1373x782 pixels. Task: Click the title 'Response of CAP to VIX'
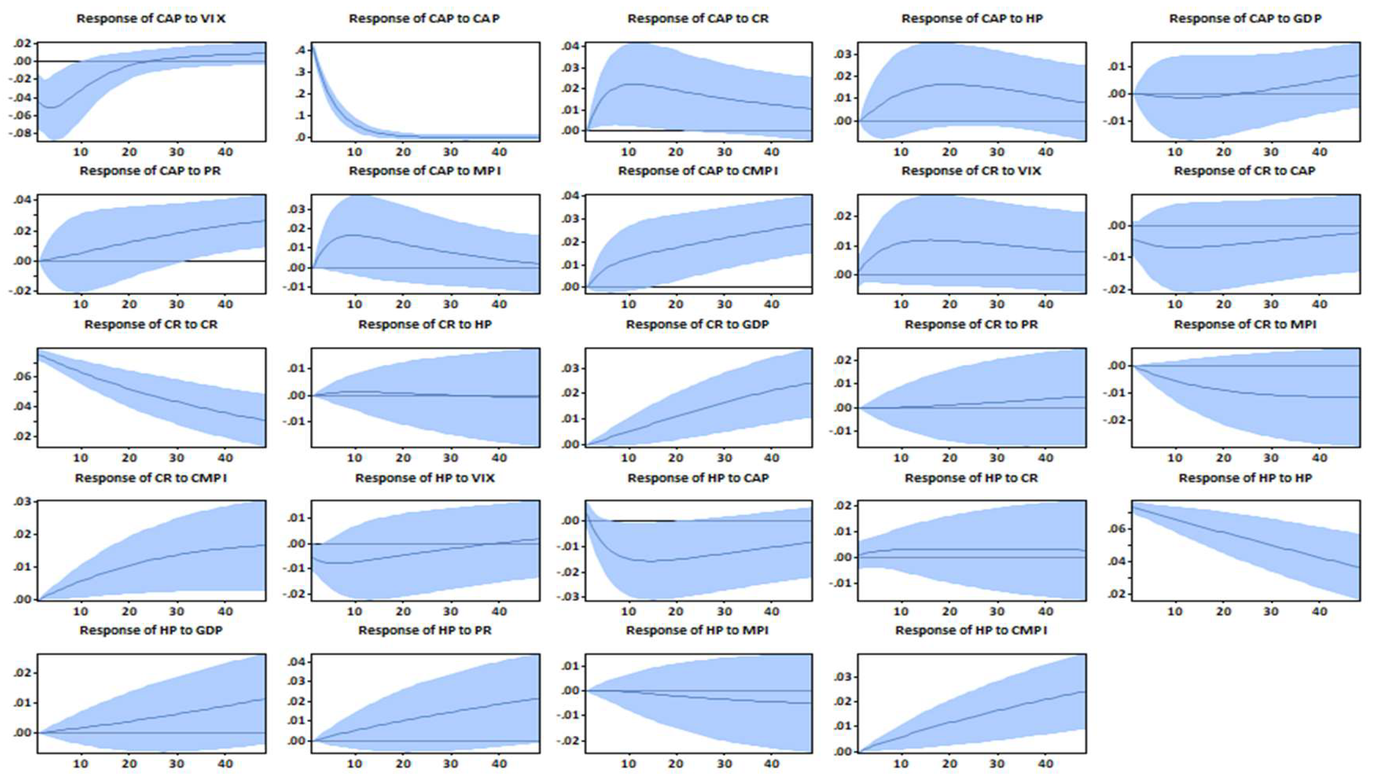(151, 18)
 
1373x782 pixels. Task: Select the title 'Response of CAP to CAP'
(424, 18)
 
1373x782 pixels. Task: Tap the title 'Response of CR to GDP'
(697, 324)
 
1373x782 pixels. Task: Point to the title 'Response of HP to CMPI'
(971, 630)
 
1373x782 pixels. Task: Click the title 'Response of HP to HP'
(1245, 477)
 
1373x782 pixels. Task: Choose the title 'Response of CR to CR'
(151, 324)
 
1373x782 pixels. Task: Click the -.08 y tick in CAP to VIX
(23, 132)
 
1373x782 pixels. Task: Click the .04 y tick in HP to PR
(298, 661)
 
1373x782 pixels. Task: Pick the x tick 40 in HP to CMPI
(1045, 763)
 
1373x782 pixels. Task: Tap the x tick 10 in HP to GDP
(81, 763)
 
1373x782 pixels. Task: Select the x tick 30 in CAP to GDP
(1271, 152)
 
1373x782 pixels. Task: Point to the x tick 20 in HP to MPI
(676, 763)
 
